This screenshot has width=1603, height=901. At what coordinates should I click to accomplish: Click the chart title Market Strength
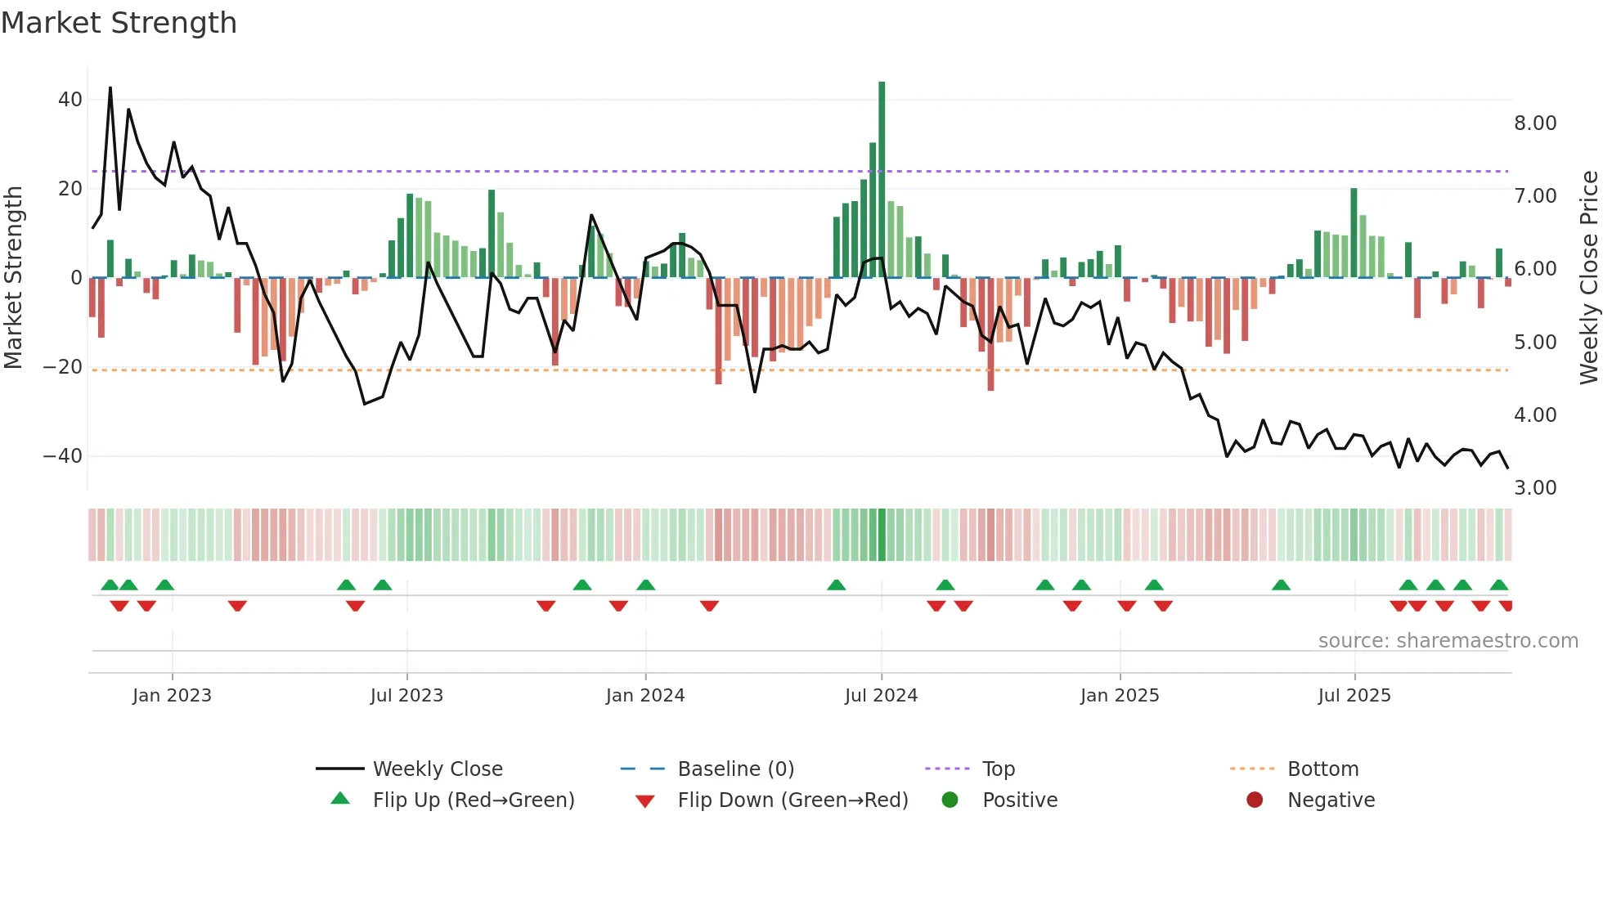pos(119,23)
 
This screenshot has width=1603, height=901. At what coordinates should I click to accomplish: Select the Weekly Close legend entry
pos(437,769)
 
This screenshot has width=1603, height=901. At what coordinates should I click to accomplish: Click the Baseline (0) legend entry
pos(735,769)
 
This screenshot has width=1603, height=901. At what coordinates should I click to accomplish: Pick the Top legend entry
pos(998,769)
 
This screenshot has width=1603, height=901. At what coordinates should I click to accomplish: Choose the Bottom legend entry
pos(1322,769)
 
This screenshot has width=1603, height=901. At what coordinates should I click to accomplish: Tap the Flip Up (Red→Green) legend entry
pos(473,800)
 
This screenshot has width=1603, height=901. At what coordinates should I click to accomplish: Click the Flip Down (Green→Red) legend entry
pos(792,800)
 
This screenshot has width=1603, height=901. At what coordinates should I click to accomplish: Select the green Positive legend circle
pos(950,800)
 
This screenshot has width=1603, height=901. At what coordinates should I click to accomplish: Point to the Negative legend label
pos(1331,800)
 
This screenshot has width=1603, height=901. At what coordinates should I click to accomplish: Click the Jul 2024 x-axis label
pos(881,696)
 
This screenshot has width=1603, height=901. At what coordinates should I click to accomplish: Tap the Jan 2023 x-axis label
pos(172,696)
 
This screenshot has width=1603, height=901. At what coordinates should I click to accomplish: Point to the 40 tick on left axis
pos(70,100)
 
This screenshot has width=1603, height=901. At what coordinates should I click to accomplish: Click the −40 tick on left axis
pos(63,456)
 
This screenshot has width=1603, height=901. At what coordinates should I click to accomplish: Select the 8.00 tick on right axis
pos(1535,123)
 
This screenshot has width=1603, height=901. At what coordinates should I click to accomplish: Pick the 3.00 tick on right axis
pos(1535,488)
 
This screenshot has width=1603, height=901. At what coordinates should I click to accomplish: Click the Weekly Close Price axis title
pos(1588,278)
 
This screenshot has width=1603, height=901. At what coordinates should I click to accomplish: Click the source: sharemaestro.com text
pos(1448,641)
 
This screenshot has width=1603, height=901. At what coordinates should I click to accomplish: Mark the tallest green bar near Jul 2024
pos(882,180)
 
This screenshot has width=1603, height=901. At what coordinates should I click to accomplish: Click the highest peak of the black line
pos(110,88)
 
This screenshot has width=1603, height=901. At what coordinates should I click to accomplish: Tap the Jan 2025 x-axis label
pos(1119,696)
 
